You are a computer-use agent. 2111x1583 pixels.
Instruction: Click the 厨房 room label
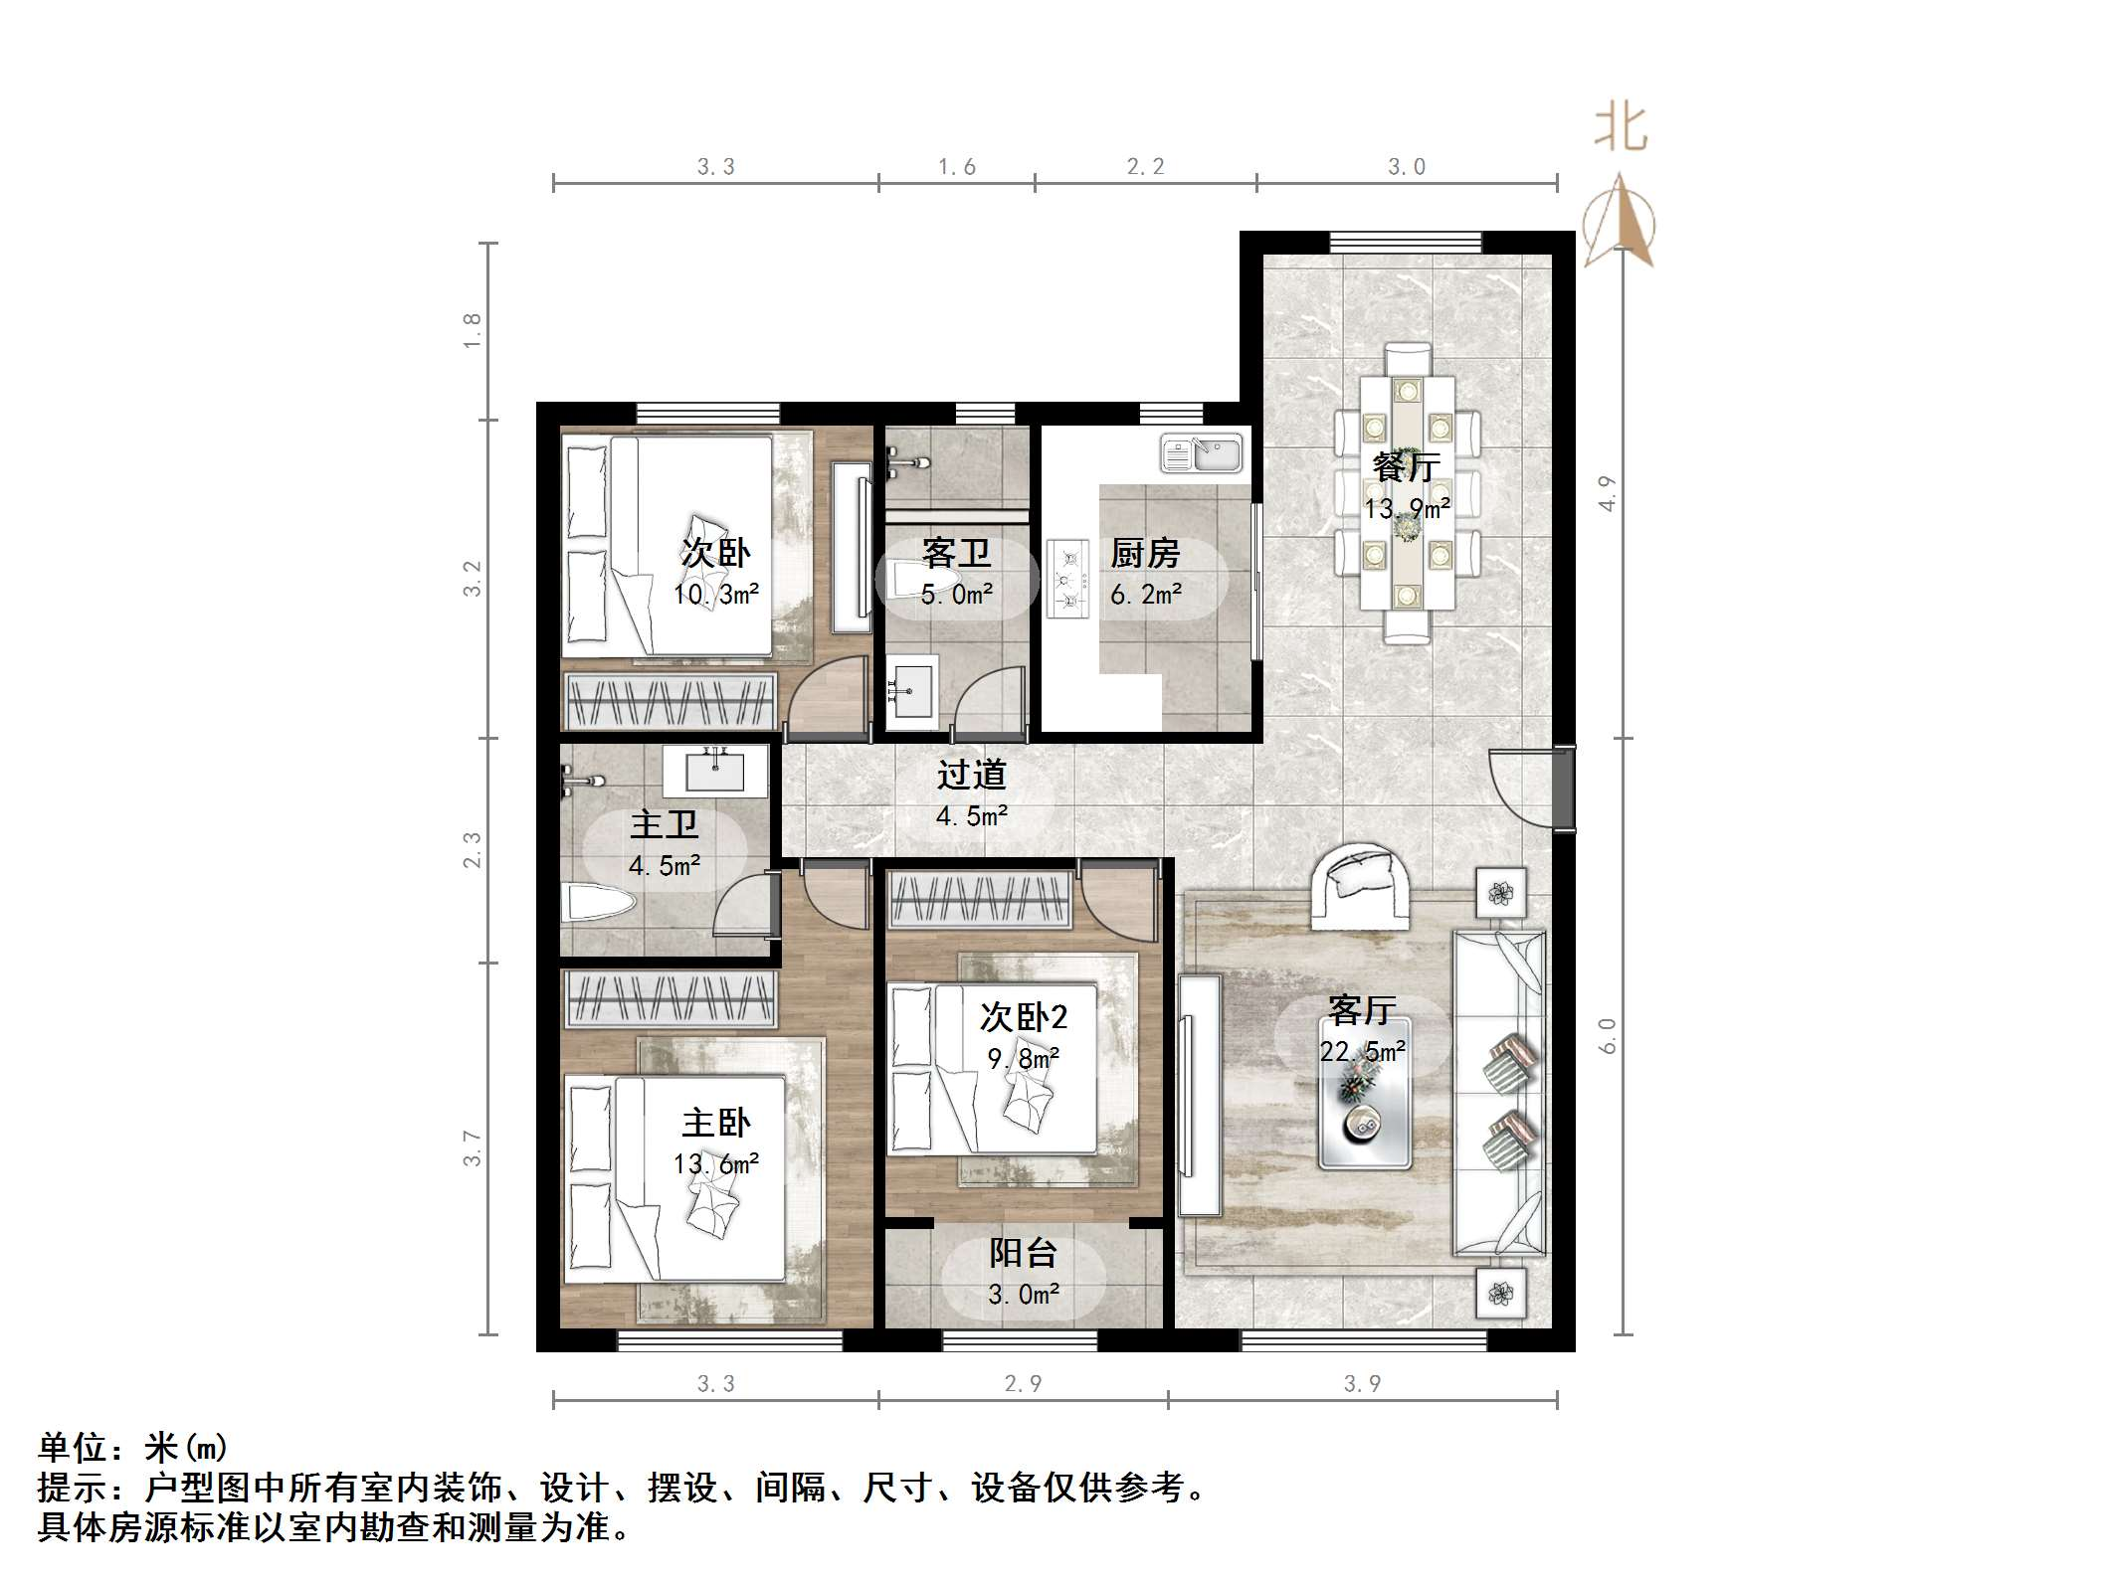1145,553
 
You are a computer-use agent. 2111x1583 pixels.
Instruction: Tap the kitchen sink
1201,453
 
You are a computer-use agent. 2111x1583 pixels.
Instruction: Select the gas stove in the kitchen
1067,579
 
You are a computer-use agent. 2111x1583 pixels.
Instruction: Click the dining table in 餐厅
1407,492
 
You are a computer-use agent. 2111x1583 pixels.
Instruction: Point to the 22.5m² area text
1362,1052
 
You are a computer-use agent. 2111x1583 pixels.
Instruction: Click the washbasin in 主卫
715,771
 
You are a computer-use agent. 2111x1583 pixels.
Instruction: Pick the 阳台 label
1023,1254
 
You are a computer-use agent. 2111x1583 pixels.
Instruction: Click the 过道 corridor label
972,775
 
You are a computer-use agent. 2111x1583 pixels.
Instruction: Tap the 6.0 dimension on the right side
1608,1036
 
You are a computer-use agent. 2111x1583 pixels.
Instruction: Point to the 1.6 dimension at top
957,167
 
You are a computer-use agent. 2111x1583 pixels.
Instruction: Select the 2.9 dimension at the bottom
1023,1384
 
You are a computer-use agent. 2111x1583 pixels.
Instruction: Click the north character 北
1621,129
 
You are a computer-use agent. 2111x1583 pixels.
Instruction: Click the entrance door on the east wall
1563,787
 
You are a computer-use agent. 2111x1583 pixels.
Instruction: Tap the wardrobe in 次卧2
980,899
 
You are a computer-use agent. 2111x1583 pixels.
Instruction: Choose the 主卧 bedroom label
715,1124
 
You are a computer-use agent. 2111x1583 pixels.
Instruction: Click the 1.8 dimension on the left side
473,330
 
